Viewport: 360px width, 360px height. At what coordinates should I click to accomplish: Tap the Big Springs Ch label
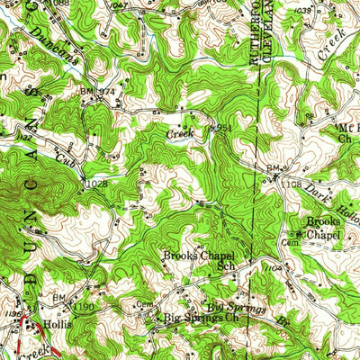[200, 318]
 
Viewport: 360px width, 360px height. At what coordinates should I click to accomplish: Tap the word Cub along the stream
[64, 160]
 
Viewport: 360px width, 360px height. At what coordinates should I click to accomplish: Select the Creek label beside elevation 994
[179, 133]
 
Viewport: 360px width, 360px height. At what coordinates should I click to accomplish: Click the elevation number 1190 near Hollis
[84, 308]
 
